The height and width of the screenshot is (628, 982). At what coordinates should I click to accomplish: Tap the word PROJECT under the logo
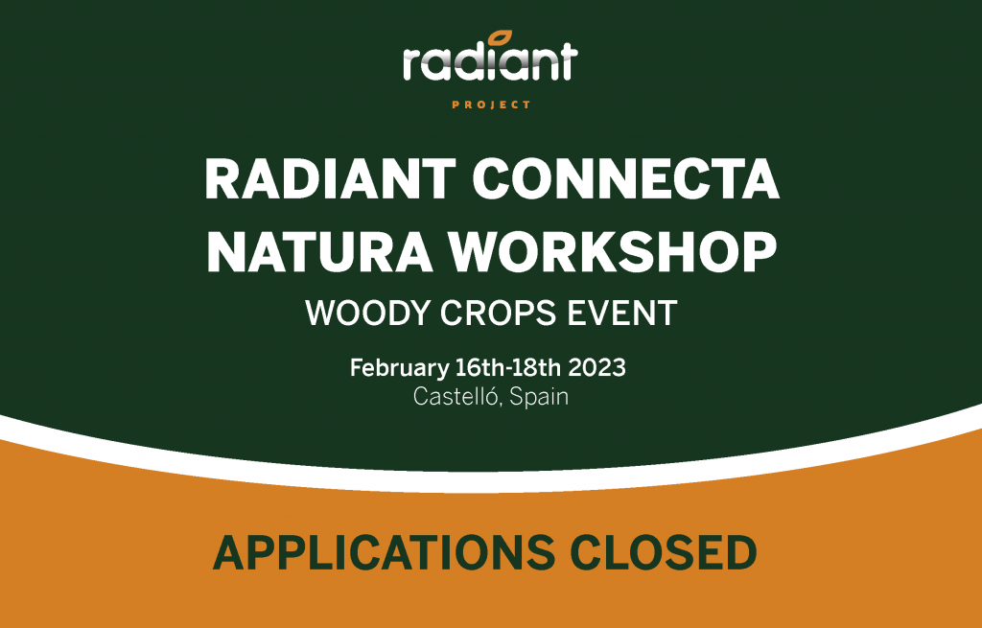(x=490, y=105)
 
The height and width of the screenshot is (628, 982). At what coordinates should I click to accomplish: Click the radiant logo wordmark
(x=490, y=62)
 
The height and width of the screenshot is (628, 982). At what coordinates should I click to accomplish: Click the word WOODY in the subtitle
(x=357, y=314)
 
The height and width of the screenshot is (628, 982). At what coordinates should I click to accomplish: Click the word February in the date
(x=398, y=369)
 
